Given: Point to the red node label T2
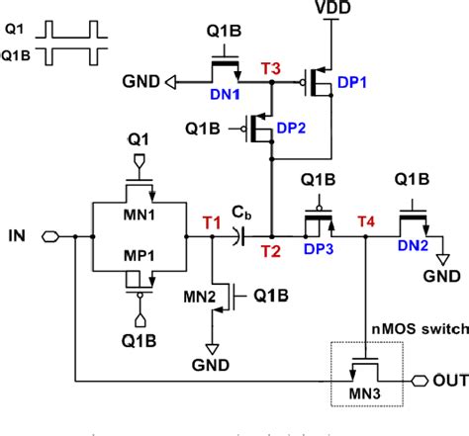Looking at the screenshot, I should (x=269, y=251).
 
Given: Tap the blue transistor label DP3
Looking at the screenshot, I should (x=319, y=250).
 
